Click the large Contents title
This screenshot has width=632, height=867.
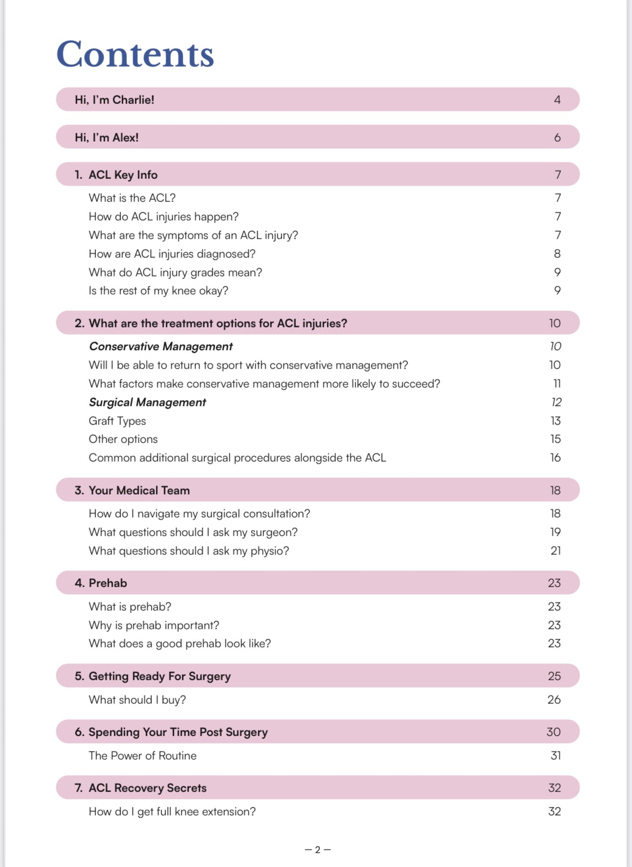tap(135, 54)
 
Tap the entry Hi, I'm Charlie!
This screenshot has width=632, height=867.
tap(114, 100)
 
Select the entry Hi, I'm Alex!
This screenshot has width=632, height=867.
tap(106, 138)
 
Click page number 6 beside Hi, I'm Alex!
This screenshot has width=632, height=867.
tap(557, 138)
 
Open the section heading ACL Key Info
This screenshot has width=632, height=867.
tap(122, 175)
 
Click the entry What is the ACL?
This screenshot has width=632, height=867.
tap(132, 198)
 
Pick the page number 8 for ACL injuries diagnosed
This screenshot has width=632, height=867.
tap(557, 254)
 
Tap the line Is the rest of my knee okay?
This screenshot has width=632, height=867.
tap(158, 291)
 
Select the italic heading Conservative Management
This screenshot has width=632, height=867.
tap(161, 347)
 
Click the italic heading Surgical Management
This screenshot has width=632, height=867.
tap(147, 402)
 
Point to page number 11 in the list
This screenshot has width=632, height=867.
tap(557, 384)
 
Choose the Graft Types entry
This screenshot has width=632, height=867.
tap(117, 421)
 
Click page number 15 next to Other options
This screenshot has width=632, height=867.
tap(555, 439)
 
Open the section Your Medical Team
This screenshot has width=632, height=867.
tap(139, 491)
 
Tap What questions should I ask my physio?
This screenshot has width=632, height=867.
tap(189, 551)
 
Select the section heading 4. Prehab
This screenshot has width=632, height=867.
tap(101, 583)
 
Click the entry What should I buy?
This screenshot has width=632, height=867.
tap(137, 700)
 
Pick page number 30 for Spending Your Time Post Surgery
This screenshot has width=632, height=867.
tap(554, 732)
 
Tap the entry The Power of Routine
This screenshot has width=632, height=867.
tap(142, 756)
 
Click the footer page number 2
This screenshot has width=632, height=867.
tap(317, 850)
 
